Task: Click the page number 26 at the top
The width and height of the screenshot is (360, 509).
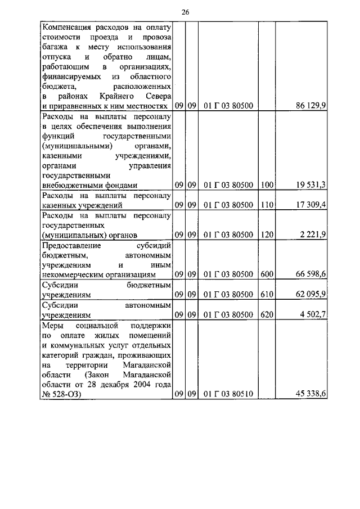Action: pos(186,12)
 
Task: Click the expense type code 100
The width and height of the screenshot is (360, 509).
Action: pos(267,184)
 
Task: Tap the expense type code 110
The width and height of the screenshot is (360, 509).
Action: pos(267,205)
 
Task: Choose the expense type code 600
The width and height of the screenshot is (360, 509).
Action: pos(267,274)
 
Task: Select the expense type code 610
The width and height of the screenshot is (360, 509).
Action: pos(267,294)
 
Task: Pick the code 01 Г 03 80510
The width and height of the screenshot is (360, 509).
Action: pos(228,394)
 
